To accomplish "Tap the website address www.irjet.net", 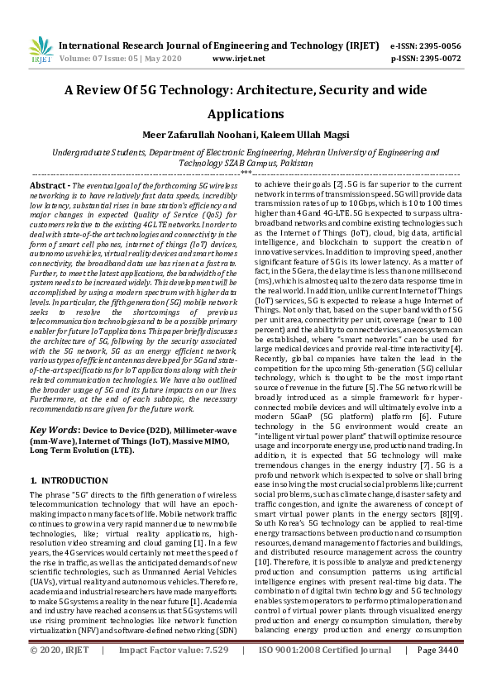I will [239, 59].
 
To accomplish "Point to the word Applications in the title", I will [246, 113].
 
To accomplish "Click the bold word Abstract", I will [48, 188].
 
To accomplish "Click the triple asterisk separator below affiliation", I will [246, 174].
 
